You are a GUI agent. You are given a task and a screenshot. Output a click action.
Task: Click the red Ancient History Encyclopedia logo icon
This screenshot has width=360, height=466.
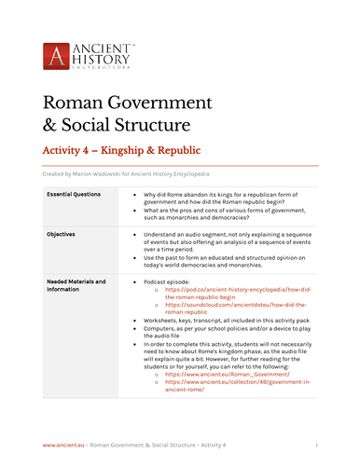(x=57, y=55)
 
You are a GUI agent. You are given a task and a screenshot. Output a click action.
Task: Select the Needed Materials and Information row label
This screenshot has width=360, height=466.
(x=76, y=285)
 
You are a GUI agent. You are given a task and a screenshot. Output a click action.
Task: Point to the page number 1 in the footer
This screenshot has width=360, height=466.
(x=317, y=446)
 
